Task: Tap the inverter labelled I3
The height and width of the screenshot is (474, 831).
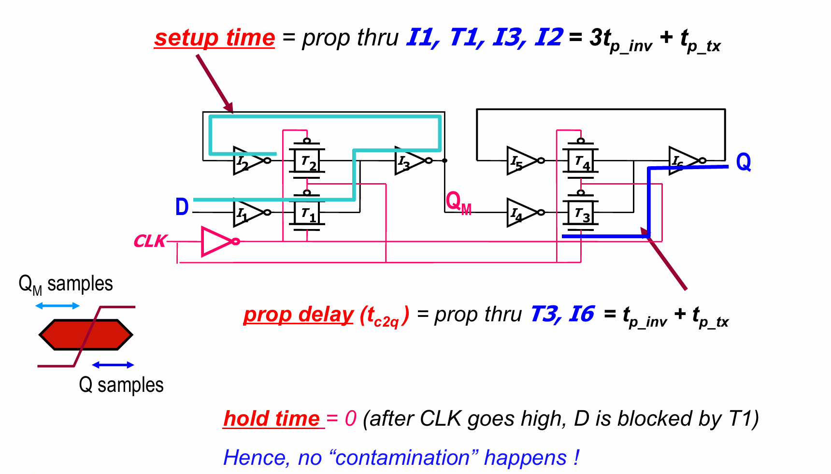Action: click(x=409, y=161)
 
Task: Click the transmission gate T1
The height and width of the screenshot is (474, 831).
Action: click(x=307, y=213)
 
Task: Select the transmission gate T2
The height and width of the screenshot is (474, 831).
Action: click(x=307, y=161)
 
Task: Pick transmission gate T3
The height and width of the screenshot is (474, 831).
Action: click(x=581, y=213)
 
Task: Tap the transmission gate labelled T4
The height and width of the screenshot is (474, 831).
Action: click(x=581, y=161)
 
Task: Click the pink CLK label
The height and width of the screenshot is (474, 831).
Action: click(x=150, y=241)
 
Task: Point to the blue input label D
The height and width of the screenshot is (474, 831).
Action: click(x=182, y=207)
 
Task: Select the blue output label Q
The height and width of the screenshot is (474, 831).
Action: click(x=743, y=162)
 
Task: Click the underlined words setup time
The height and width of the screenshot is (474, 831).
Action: click(x=215, y=38)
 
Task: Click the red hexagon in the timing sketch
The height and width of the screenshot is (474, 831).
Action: click(x=86, y=334)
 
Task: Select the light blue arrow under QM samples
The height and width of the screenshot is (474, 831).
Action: click(x=57, y=306)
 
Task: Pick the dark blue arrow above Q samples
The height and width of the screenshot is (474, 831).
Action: click(x=113, y=365)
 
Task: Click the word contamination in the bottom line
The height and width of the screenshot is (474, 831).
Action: click(x=403, y=458)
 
